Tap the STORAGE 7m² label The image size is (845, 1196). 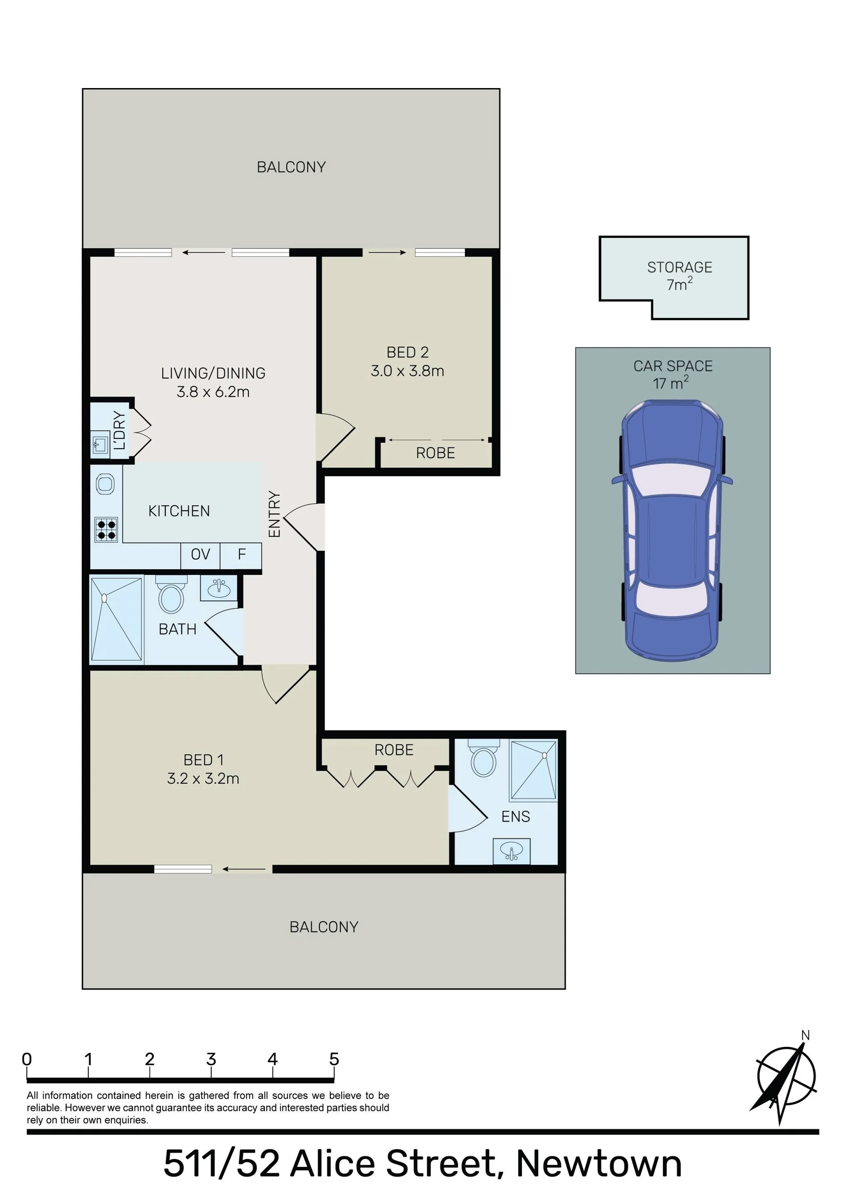[x=680, y=276]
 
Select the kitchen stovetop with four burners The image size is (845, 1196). [x=106, y=530]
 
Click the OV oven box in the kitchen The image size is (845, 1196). [x=201, y=554]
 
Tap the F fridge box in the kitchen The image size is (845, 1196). [x=241, y=554]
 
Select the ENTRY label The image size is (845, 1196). [x=274, y=514]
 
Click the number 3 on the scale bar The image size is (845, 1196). [x=211, y=1059]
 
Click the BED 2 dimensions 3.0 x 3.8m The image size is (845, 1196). [x=408, y=371]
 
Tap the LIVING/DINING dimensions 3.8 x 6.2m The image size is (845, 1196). [x=213, y=392]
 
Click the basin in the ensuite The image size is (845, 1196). [x=511, y=852]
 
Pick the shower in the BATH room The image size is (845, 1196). [x=116, y=619]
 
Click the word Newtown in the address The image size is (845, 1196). [x=599, y=1163]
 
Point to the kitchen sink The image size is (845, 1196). [x=105, y=484]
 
